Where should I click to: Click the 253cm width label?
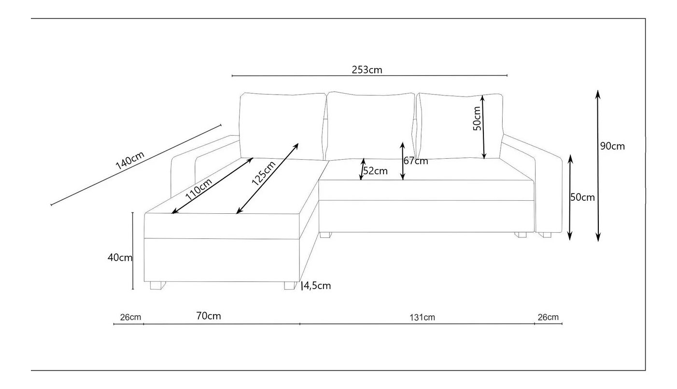tap(367, 69)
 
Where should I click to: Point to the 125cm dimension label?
tap(264, 173)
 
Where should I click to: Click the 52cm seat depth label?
tap(375, 171)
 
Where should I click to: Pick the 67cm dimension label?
tap(416, 161)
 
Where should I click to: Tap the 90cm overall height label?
tap(612, 146)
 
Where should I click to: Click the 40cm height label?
tap(120, 258)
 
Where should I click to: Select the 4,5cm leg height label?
tap(317, 286)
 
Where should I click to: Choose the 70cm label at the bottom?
tap(209, 316)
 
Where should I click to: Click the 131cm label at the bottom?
tap(422, 317)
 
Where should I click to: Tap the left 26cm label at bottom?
tap(130, 317)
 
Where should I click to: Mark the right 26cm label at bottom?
tap(548, 317)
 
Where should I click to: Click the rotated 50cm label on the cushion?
tap(477, 119)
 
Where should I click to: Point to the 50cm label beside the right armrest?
tap(582, 197)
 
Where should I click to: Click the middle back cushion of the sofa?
tap(370, 126)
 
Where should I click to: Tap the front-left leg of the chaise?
tap(157, 286)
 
